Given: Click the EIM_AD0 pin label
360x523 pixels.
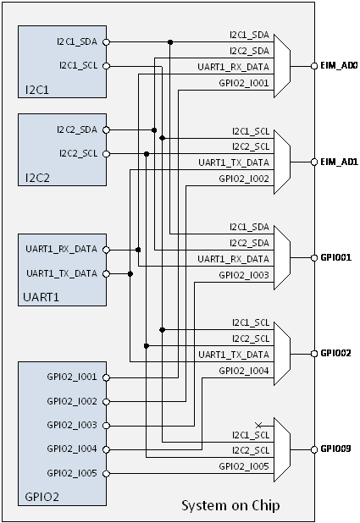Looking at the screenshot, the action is [339, 65].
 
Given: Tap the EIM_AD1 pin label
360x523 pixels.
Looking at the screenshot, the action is [339, 162].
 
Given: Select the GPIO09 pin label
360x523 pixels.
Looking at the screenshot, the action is [335, 449].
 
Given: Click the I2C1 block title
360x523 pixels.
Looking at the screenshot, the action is [37, 90].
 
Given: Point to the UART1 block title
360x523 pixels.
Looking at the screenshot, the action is [41, 297].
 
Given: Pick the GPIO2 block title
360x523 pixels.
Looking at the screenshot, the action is [42, 497].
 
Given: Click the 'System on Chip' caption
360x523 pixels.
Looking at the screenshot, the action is [230, 506].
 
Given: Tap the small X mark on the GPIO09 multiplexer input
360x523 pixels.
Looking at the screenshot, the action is [258, 426].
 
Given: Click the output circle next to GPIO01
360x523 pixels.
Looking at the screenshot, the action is [314, 258].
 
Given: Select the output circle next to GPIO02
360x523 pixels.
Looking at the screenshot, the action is [314, 354].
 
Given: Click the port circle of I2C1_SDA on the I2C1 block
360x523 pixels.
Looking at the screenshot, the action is [106, 42].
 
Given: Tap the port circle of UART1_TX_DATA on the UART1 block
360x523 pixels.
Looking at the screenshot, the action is [106, 274].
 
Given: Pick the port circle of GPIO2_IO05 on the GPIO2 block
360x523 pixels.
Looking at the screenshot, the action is [106, 473].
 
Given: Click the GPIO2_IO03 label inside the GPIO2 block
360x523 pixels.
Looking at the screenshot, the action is [72, 425].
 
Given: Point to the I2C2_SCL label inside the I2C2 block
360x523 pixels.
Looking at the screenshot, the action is [79, 153].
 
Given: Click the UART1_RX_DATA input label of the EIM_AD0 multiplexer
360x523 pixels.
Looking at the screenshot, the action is [233, 67].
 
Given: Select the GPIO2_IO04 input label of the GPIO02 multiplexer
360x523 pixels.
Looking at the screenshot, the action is [244, 371].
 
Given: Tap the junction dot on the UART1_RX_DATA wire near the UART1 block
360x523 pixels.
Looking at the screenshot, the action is [138, 250].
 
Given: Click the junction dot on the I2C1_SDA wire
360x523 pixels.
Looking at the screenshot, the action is [170, 42].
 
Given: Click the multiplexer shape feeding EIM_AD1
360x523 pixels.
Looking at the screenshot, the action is [282, 162].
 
